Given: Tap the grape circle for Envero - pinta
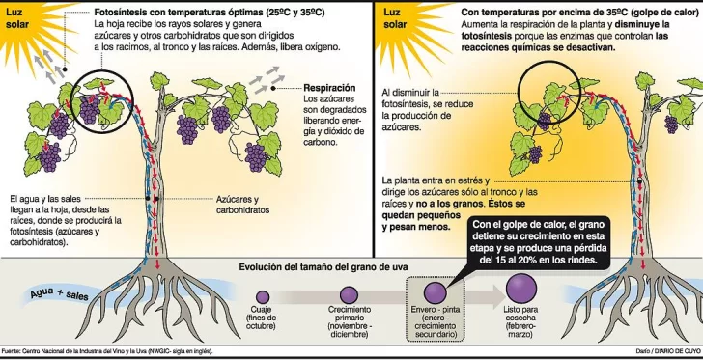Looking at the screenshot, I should pos(434,291).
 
